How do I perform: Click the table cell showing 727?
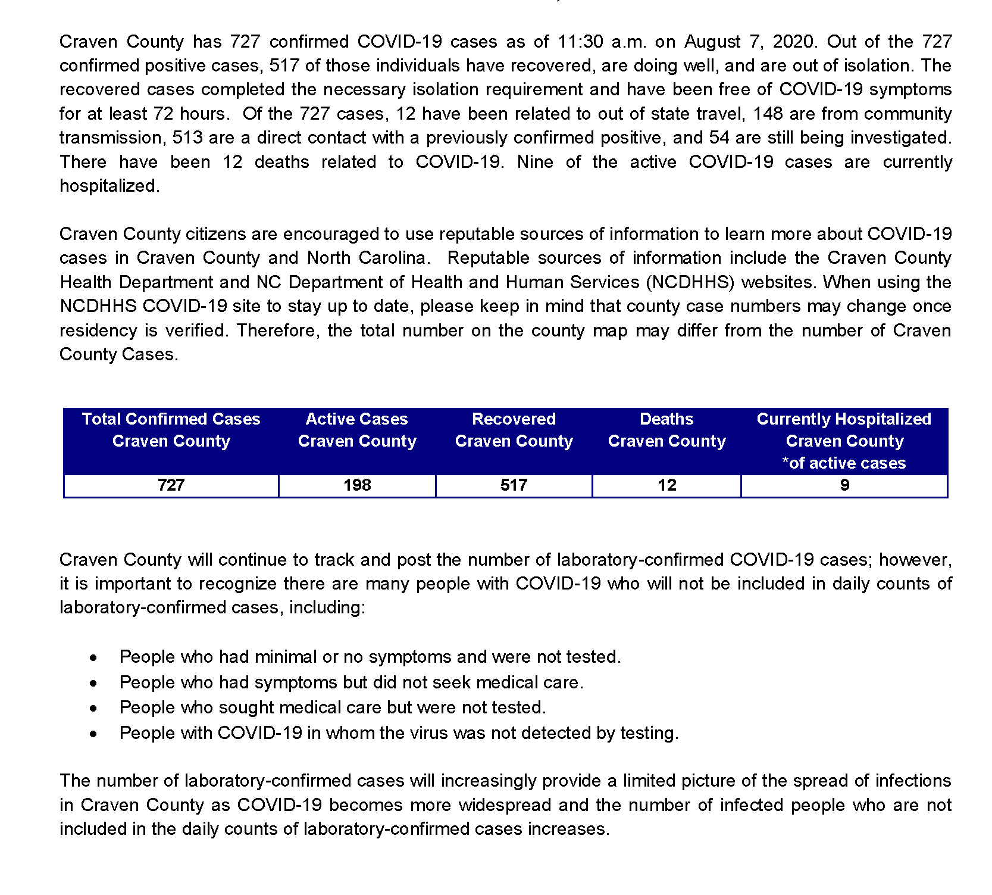coord(171,485)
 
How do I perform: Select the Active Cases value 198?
coord(357,485)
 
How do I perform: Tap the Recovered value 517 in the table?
coord(514,485)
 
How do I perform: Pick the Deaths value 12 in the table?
coord(666,485)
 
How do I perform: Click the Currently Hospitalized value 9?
coord(844,485)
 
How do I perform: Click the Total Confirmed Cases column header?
coord(171,430)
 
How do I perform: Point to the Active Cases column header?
coord(357,430)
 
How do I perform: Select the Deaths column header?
coord(666,430)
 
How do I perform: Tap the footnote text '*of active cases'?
coord(844,463)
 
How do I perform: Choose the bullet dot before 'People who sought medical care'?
coord(93,709)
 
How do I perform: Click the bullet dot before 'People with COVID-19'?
coord(93,734)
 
